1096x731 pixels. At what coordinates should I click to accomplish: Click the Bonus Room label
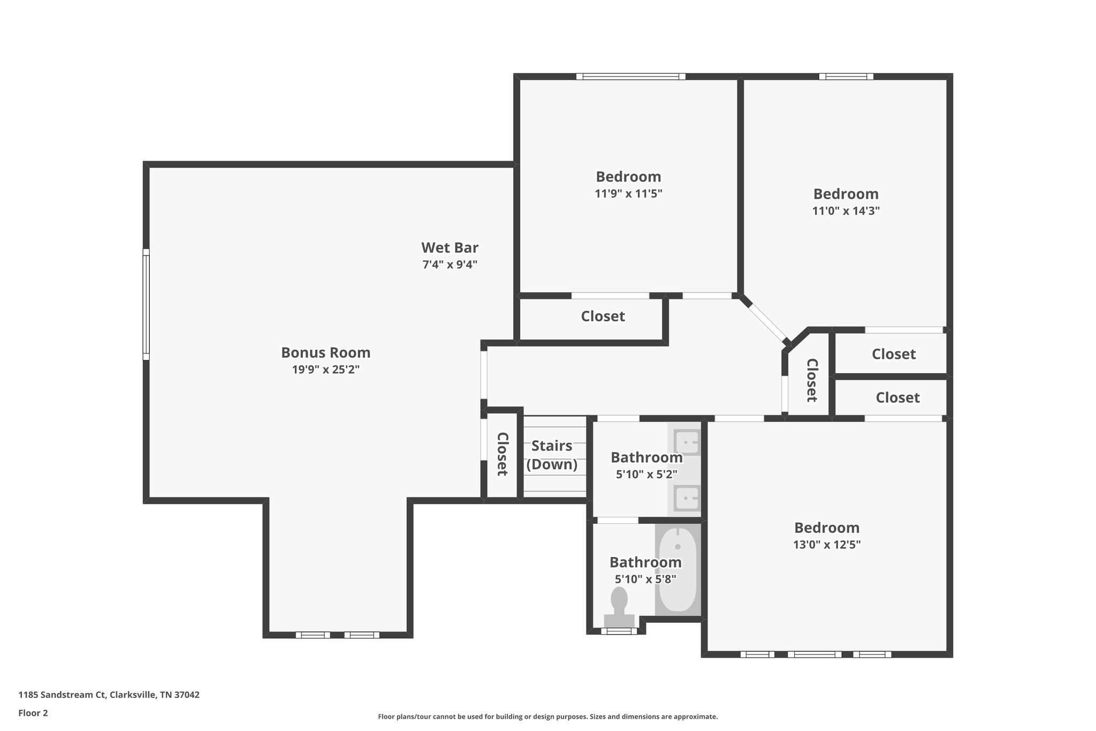(x=325, y=352)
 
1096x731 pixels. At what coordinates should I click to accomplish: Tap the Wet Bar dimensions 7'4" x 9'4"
(x=450, y=265)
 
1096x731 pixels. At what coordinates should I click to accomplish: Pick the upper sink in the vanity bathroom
(x=687, y=443)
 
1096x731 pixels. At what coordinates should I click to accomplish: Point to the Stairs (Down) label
(x=552, y=455)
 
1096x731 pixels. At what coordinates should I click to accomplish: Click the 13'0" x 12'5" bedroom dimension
(x=826, y=545)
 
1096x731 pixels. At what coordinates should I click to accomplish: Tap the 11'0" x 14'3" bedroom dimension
(x=846, y=211)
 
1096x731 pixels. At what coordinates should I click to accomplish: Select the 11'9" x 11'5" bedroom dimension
(x=628, y=194)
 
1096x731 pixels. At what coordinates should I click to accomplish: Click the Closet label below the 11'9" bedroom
(x=603, y=316)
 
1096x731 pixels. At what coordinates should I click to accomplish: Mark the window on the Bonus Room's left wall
(x=146, y=304)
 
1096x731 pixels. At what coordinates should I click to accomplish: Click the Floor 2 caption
(x=33, y=713)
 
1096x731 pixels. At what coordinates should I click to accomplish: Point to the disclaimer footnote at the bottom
(x=547, y=717)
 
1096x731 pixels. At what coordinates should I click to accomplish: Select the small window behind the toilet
(x=619, y=631)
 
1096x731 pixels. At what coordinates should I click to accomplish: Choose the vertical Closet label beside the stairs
(x=502, y=454)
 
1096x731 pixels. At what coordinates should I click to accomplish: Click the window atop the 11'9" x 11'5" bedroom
(x=630, y=77)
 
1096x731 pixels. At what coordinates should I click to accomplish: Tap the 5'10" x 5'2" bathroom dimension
(x=646, y=474)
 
